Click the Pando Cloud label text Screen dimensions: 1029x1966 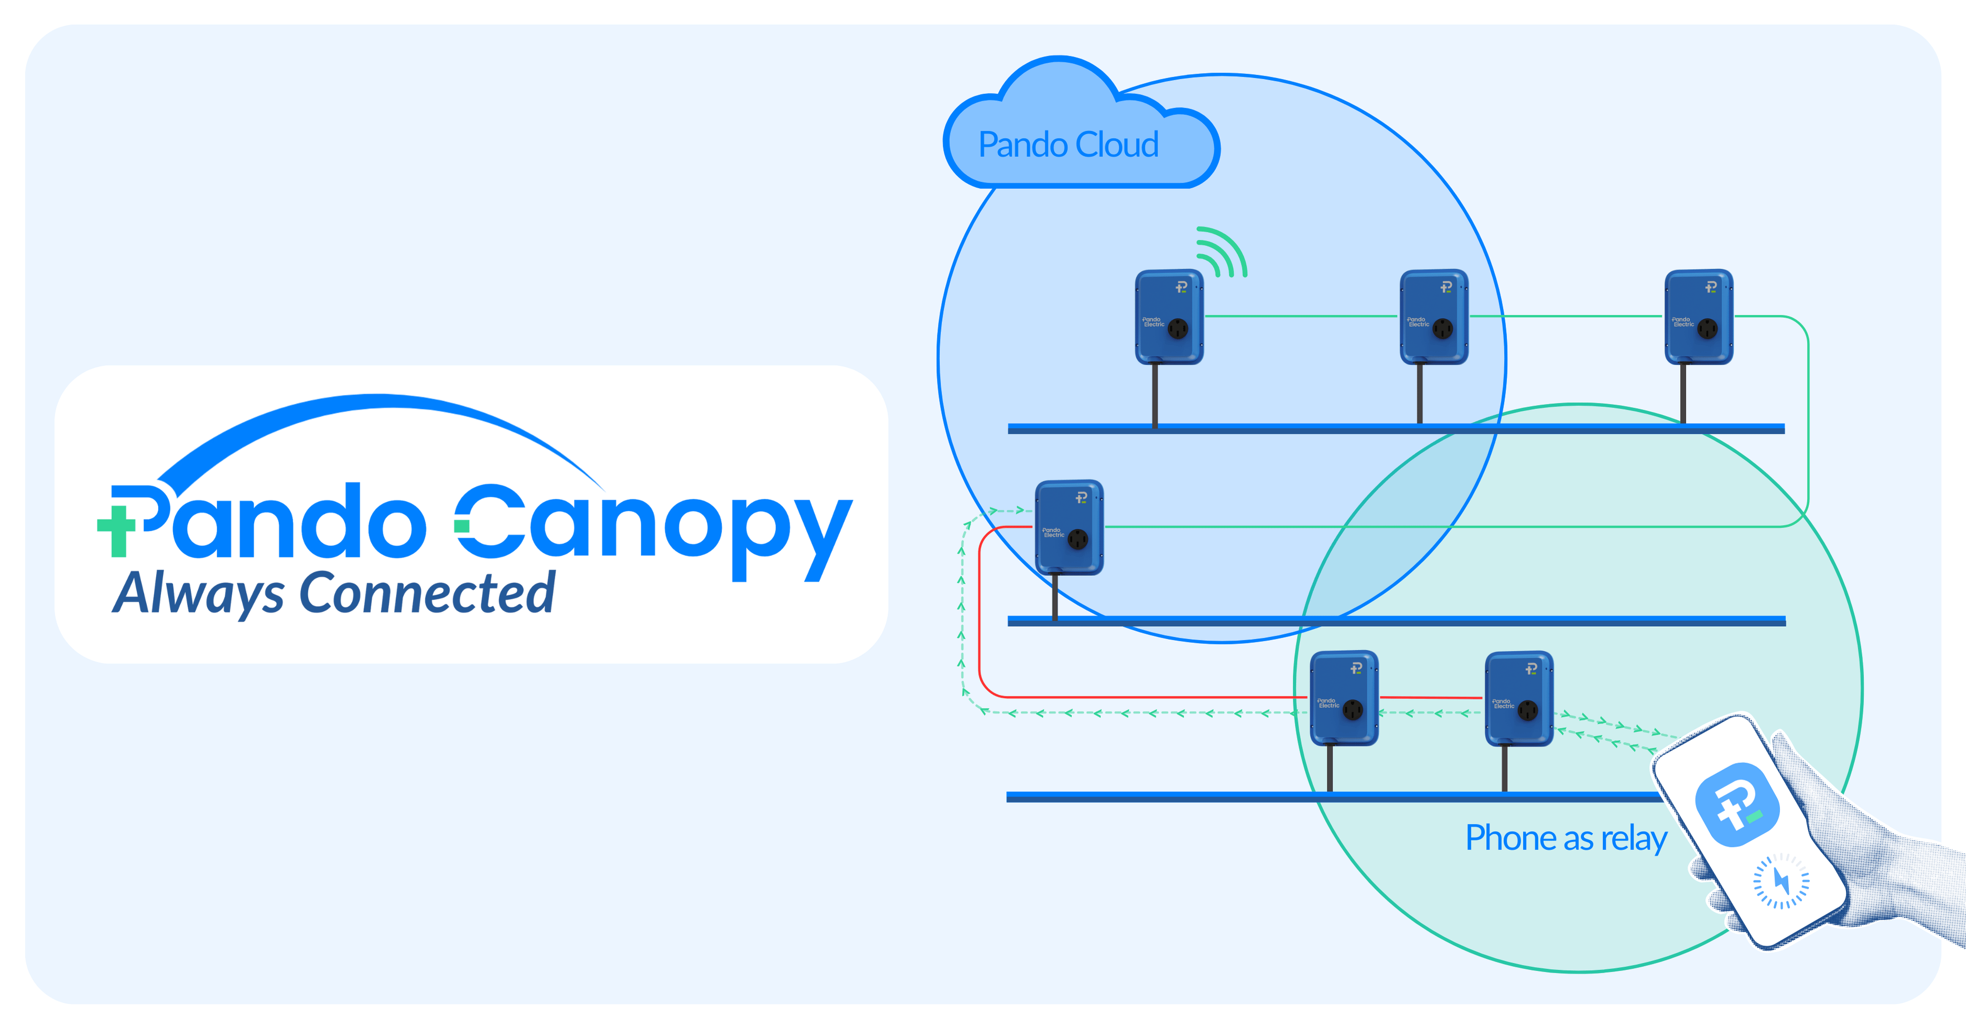tap(1068, 145)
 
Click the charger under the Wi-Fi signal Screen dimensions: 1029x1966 tap(1169, 316)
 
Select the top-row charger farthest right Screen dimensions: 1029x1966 tap(1698, 316)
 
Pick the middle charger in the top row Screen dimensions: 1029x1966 tap(1433, 316)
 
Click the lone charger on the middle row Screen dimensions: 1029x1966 tap(1068, 527)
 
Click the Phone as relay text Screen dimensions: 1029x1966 tap(1565, 838)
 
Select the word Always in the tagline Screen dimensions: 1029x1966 tap(198, 594)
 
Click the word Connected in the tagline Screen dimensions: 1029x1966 tap(427, 594)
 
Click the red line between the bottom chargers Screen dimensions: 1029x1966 tap(1431, 697)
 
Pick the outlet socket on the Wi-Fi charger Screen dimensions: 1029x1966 tap(1179, 329)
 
